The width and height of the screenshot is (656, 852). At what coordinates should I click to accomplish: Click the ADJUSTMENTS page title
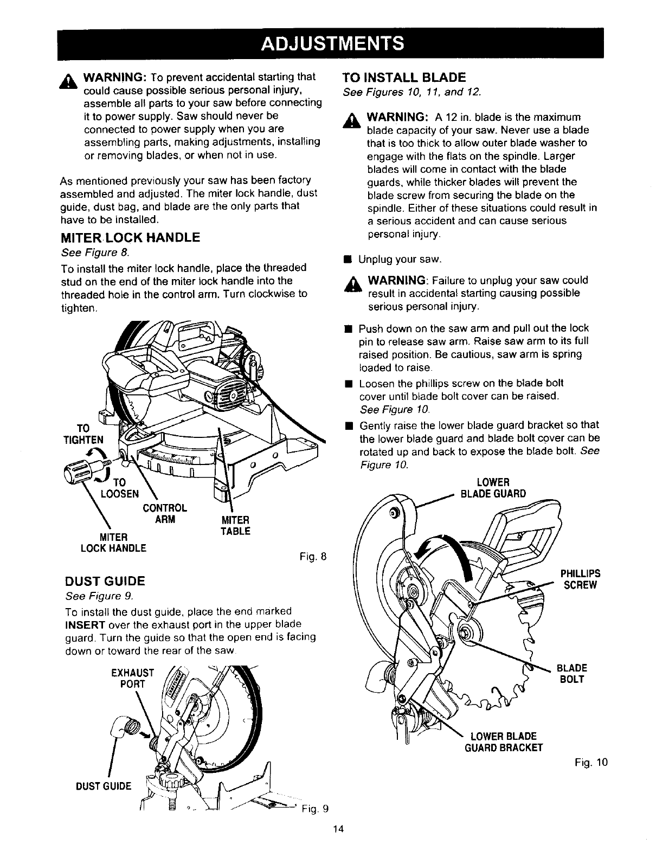coord(332,42)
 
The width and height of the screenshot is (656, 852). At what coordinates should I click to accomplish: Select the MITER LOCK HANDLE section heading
coord(130,237)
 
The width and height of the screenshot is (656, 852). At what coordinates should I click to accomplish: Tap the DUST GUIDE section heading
coord(105,582)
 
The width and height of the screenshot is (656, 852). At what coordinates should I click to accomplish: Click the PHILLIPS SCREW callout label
coord(580,579)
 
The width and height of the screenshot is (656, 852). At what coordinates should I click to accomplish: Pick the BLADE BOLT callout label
coord(574,673)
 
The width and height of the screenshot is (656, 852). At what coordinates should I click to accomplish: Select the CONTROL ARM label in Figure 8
coord(165,513)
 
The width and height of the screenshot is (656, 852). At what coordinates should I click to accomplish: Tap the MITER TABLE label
coord(235,526)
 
